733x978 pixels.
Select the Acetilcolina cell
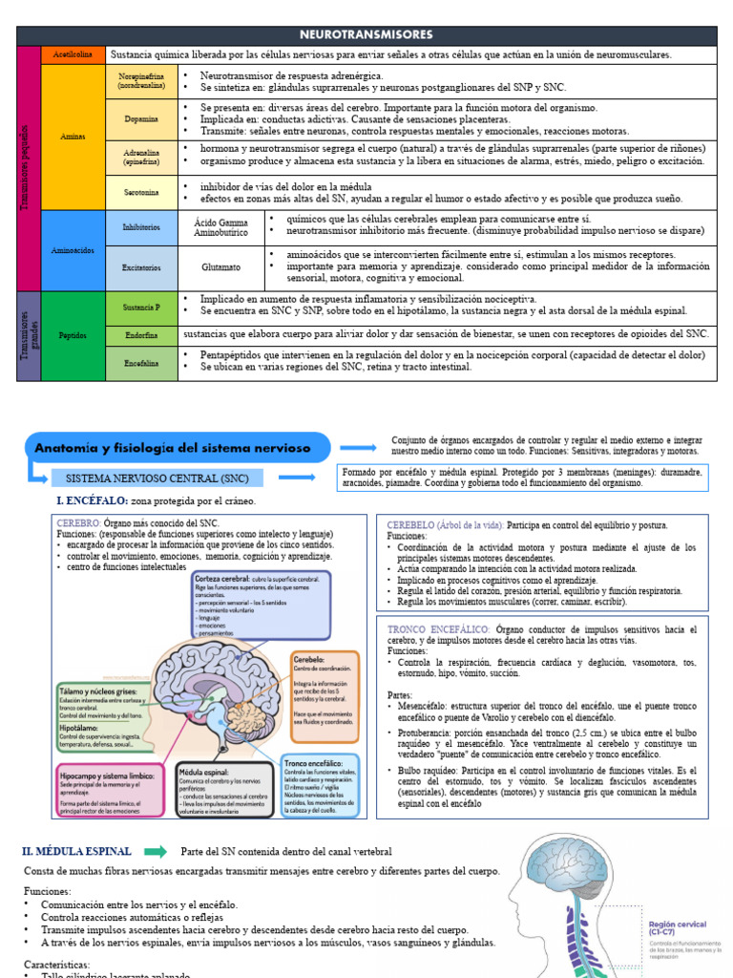(73, 55)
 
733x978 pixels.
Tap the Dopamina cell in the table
(141, 119)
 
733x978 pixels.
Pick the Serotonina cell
(141, 192)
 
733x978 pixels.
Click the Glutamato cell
(220, 268)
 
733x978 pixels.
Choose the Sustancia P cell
(141, 308)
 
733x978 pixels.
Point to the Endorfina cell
(141, 334)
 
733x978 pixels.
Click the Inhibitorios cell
(141, 227)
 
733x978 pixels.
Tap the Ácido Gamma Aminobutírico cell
(220, 227)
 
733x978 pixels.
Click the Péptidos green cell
(73, 335)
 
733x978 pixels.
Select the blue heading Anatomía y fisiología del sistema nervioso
(178, 447)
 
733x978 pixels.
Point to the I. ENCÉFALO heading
(93, 500)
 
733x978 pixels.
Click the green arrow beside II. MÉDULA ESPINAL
(155, 851)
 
